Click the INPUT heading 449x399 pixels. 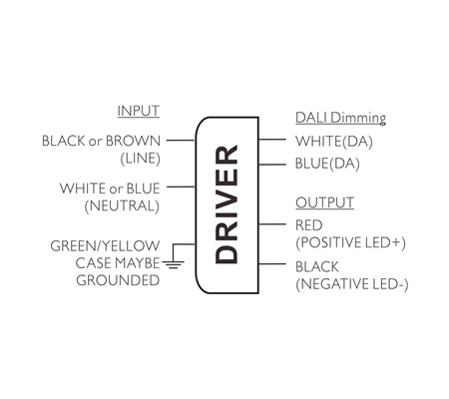point(139,111)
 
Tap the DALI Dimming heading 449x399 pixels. point(340,118)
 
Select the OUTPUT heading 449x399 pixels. point(324,202)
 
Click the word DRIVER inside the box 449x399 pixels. point(226,204)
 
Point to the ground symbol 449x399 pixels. point(174,264)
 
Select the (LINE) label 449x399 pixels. point(140,159)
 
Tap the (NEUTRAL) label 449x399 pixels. point(122,205)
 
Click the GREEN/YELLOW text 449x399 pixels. point(105,246)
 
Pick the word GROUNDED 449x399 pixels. point(118,280)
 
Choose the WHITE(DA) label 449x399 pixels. point(334,142)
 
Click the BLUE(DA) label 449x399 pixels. point(327,164)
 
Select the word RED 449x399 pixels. point(309,225)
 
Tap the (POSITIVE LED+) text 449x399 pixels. point(350,242)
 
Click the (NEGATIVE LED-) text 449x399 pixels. point(352,284)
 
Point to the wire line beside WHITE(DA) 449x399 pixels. point(272,140)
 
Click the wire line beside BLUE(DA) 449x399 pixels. point(272,165)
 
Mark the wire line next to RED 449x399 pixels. point(272,224)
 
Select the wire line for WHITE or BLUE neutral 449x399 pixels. point(181,187)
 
